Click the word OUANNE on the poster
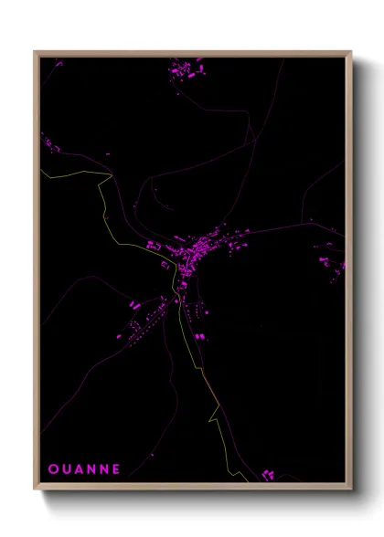[84, 469]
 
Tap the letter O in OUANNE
[53, 469]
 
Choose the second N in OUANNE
[104, 469]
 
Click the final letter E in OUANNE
[116, 469]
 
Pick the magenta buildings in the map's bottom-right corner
[269, 474]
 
